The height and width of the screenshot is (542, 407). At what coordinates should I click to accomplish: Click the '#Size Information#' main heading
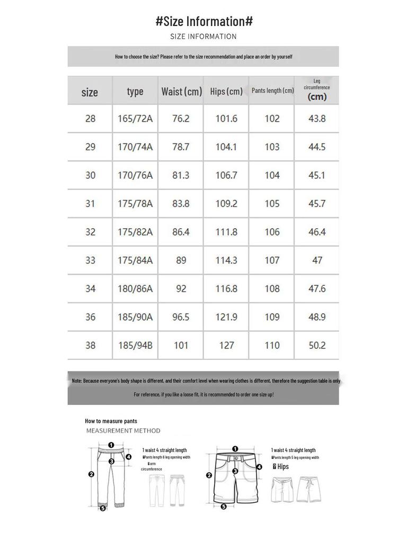point(204,22)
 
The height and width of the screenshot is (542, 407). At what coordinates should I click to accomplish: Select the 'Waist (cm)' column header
point(181,92)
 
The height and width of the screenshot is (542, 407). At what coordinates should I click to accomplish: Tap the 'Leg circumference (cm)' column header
point(316,90)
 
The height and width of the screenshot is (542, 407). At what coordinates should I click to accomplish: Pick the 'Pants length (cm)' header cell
point(272,91)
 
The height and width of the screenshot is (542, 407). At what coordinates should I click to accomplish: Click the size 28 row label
point(90,119)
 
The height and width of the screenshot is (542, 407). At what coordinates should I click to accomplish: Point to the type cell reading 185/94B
point(135,346)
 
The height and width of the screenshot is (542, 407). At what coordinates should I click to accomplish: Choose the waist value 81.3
point(181,175)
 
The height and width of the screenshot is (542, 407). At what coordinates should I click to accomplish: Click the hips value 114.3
point(226,260)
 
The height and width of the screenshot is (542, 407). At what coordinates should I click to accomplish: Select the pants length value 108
point(272,288)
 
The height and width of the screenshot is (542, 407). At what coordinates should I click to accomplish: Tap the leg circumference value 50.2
point(316,346)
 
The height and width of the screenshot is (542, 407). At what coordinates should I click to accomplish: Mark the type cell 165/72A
point(135,119)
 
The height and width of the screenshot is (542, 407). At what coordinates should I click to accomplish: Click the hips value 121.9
point(226,317)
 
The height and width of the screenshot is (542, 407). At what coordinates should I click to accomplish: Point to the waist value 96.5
point(181,317)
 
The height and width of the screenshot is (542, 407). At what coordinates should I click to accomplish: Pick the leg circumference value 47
point(316,260)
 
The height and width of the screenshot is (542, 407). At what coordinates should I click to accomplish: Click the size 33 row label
point(90,260)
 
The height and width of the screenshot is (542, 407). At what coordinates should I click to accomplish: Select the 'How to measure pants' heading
point(111,421)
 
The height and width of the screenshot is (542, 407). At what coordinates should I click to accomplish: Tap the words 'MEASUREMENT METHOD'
point(123,431)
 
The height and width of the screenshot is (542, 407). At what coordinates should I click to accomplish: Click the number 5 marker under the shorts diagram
point(224,507)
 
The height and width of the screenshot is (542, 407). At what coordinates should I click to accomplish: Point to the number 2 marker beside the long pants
point(91,474)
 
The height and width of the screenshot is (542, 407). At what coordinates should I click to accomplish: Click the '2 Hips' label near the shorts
point(281,467)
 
